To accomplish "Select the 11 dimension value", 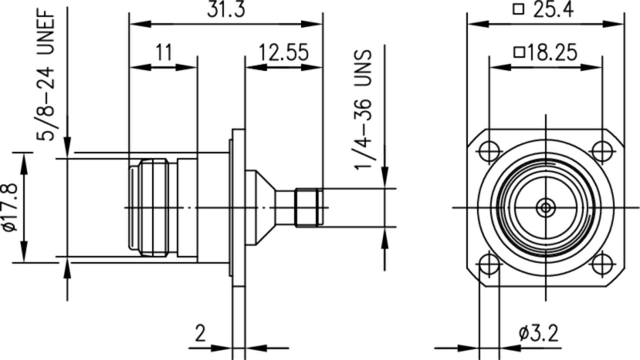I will click(x=164, y=53).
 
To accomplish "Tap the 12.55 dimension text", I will click(x=283, y=53).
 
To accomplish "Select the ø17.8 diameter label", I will click(x=10, y=208).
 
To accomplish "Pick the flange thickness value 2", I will click(x=200, y=333).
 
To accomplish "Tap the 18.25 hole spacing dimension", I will click(x=552, y=53).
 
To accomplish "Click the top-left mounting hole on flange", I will click(x=489, y=151).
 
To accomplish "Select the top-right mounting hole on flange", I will click(x=602, y=151).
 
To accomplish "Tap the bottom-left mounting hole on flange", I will click(x=489, y=265).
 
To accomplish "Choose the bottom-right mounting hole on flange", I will click(x=602, y=265).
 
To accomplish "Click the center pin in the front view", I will click(x=546, y=208).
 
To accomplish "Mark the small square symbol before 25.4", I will click(x=518, y=9).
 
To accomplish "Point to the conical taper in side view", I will click(x=261, y=208).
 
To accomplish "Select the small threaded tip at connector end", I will click(x=308, y=208).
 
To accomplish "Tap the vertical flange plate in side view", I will click(x=238, y=208).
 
